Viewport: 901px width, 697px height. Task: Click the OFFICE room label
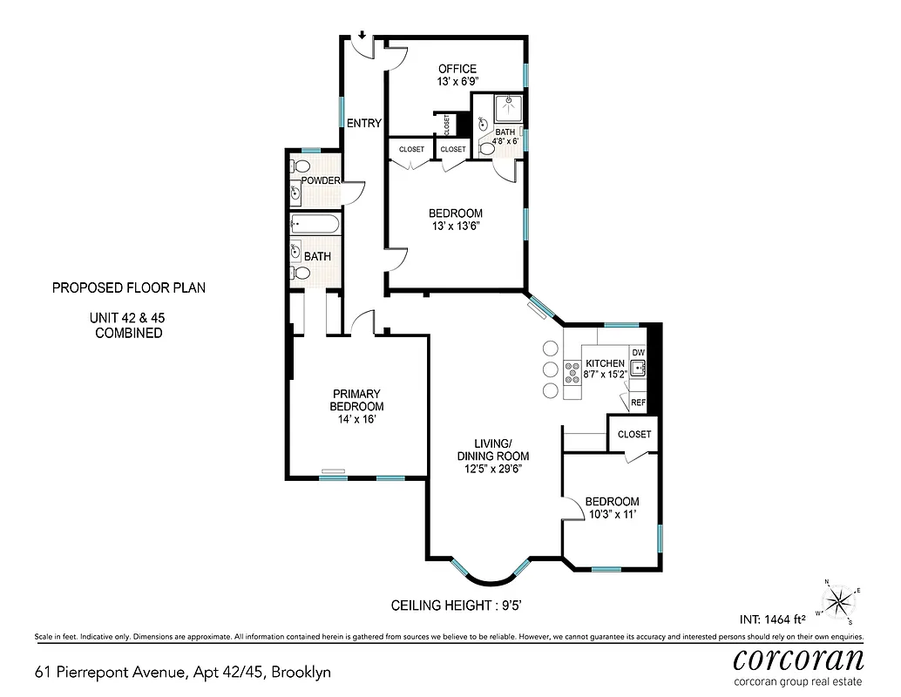[457, 69]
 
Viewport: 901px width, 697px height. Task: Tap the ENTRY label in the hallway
[363, 124]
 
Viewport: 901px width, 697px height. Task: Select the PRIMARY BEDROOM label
[356, 400]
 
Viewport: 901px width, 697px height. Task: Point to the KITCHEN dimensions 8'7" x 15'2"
[605, 376]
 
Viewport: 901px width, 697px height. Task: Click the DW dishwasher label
[638, 353]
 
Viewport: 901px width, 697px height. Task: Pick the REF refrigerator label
[638, 403]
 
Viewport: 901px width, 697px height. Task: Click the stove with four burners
[573, 372]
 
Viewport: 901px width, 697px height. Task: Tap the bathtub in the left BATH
[314, 225]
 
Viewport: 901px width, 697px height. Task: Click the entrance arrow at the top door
[362, 37]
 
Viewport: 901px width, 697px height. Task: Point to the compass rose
[838, 600]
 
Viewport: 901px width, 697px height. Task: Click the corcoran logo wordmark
[798, 658]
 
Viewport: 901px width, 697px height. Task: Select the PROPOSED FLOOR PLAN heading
[129, 288]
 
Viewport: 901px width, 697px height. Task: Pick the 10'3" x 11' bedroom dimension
[612, 515]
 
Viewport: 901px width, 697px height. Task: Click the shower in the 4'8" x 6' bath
[507, 108]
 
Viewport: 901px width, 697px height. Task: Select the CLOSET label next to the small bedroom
[633, 434]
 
